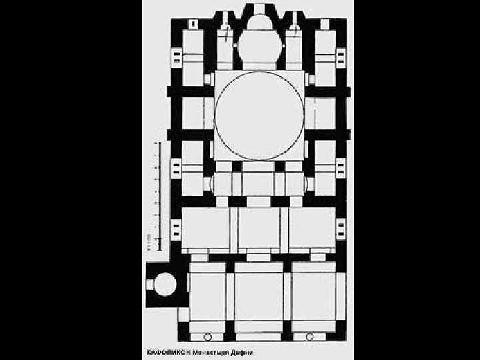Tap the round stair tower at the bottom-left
163,285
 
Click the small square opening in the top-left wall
193,24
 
